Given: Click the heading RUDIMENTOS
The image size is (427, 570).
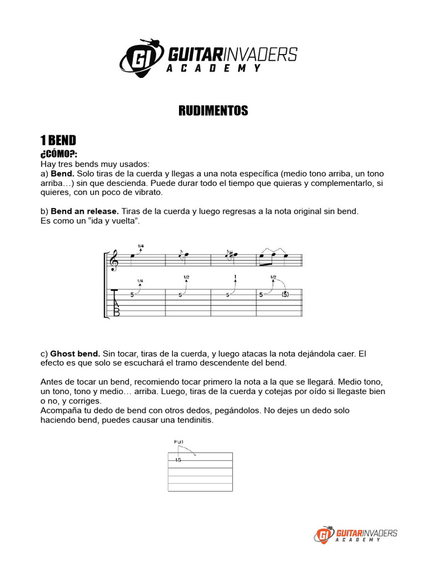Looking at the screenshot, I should point(213,111).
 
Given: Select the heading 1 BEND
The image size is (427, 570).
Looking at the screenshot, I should point(58,140).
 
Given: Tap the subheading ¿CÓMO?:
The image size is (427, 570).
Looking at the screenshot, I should point(58,154).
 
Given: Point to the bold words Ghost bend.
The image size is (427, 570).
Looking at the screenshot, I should point(75,353).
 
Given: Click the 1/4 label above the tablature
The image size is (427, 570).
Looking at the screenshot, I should point(140,281).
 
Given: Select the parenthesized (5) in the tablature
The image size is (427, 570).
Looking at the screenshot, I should point(285,294).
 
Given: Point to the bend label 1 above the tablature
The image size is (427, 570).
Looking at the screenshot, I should point(236,277).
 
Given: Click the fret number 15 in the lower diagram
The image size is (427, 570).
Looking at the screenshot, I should point(177,460).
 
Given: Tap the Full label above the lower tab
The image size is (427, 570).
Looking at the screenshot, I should point(178,442).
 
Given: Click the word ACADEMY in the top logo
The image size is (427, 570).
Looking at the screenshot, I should point(213,68).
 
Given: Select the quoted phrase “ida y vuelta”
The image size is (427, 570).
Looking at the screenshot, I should point(117,221).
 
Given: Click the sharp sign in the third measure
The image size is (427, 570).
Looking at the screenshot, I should point(230,255).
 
